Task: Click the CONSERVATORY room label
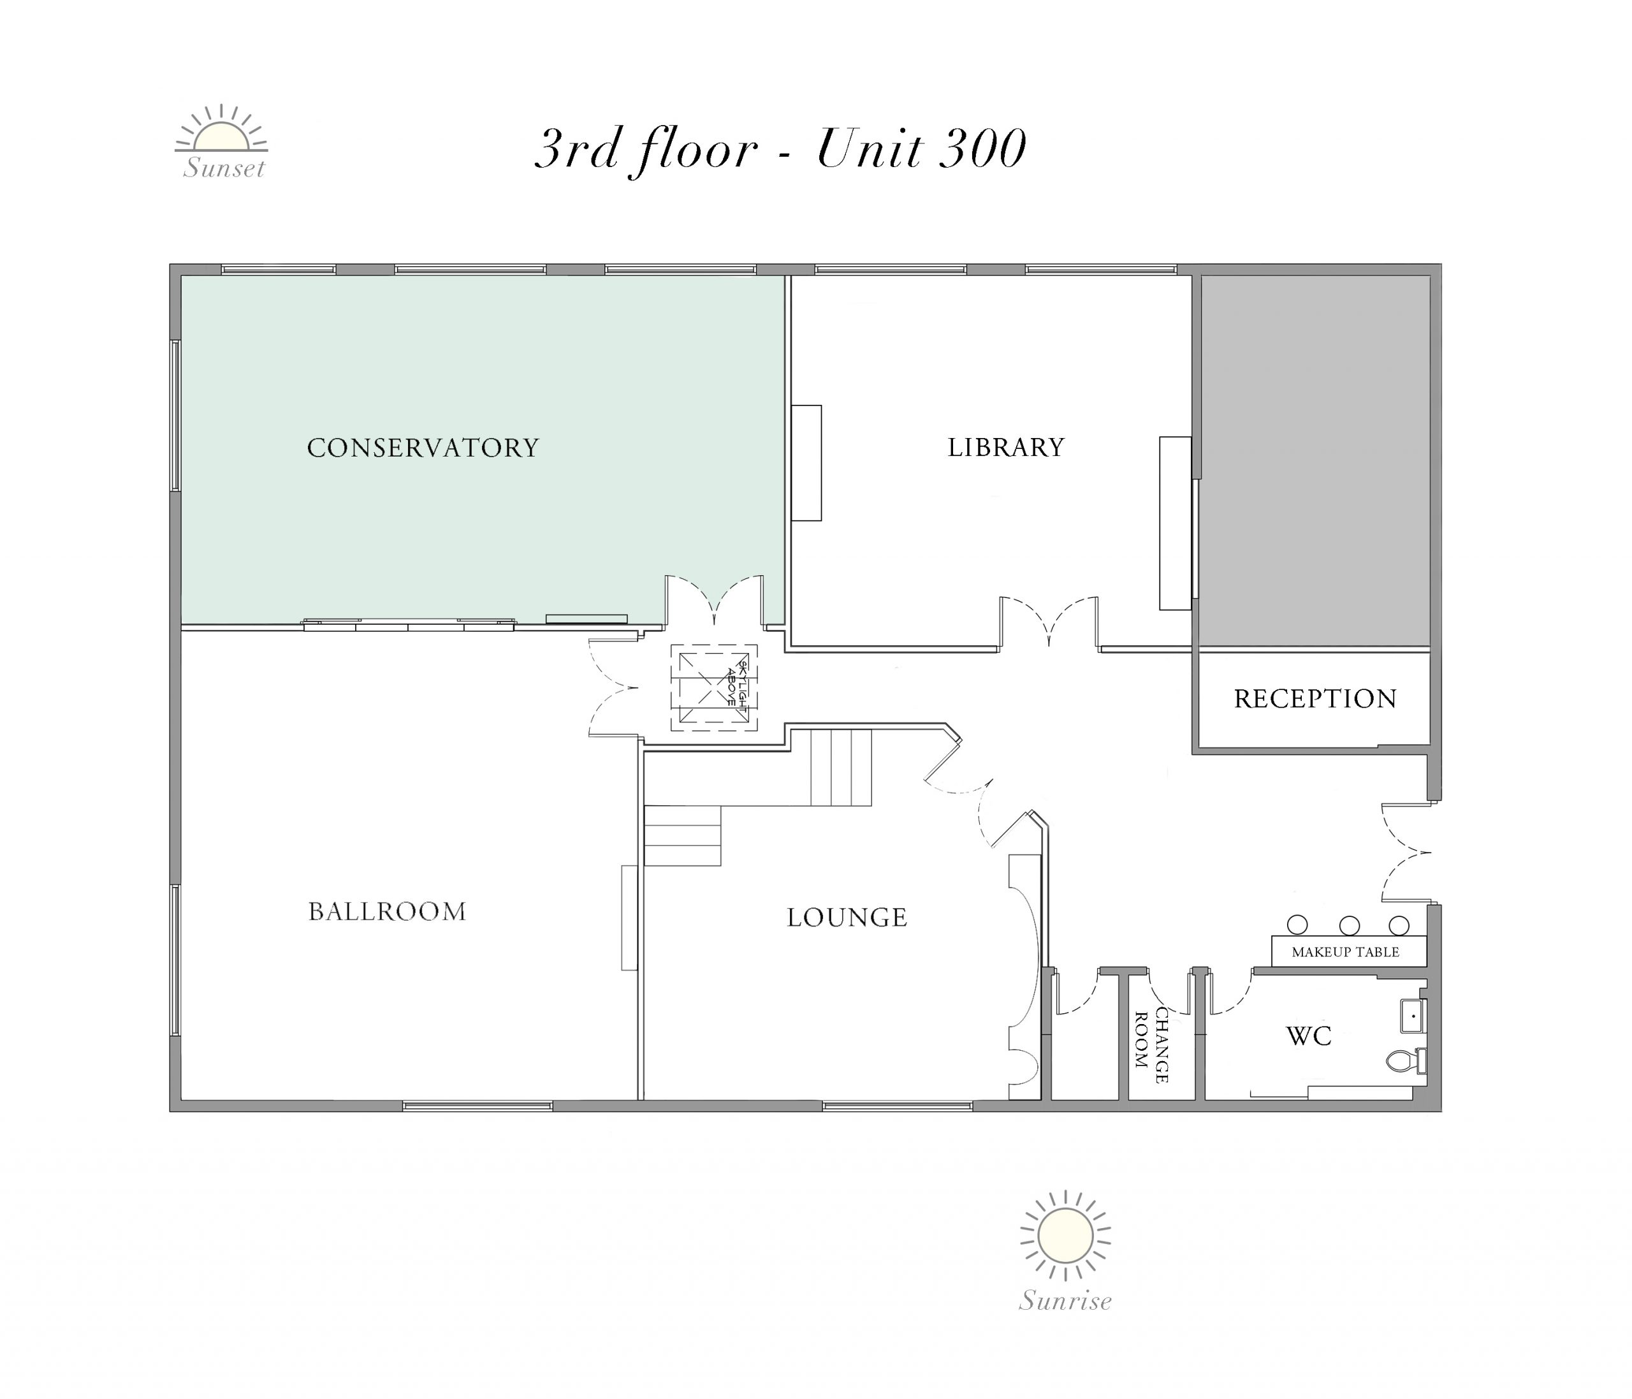[x=423, y=448]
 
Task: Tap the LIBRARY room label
[x=1006, y=448]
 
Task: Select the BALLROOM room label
[x=388, y=911]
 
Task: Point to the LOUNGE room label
[x=847, y=918]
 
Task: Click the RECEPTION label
[x=1315, y=699]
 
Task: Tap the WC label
[x=1309, y=1036]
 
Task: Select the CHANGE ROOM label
[x=1151, y=1045]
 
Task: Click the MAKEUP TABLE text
[x=1345, y=953]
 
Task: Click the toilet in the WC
[x=1407, y=1061]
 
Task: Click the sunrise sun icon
[x=1065, y=1236]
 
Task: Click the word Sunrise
[x=1065, y=1301]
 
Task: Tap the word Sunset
[x=224, y=168]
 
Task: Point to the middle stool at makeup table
[x=1349, y=925]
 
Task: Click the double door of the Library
[x=1049, y=622]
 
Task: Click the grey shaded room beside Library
[x=1315, y=461]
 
